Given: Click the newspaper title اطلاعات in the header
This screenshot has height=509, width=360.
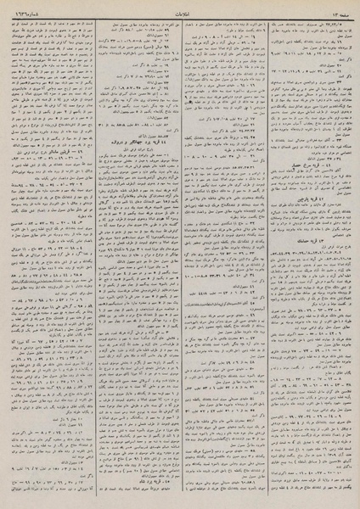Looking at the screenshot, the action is tap(180, 11).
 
